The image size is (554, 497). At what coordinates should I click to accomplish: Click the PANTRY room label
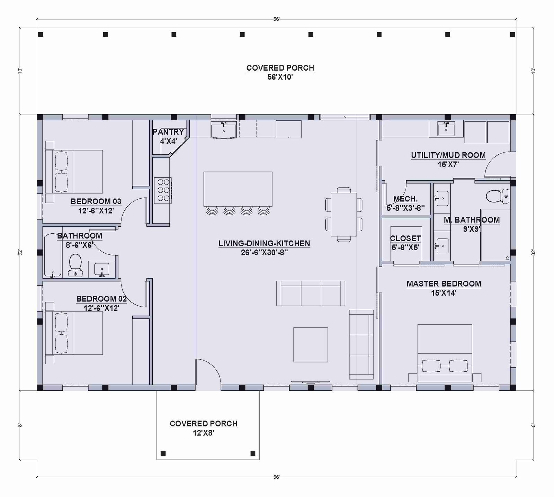click(168, 132)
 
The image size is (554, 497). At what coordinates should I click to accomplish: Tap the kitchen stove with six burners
click(163, 190)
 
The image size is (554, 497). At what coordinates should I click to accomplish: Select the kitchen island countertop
click(238, 189)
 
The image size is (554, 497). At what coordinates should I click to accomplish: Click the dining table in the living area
click(344, 214)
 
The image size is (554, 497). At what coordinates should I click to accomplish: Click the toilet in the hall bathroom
click(75, 265)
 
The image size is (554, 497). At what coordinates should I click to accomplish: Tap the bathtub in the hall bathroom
click(53, 255)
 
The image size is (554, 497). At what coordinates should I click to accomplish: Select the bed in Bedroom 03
click(74, 172)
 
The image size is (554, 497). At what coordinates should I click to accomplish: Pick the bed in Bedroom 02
click(74, 333)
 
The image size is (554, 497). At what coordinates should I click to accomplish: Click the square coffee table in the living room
click(311, 345)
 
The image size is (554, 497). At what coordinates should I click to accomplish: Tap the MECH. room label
click(405, 199)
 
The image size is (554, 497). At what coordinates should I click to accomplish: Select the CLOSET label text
click(405, 238)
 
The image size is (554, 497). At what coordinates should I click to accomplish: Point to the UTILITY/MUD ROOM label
click(448, 155)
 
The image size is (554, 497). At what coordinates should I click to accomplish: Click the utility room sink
click(446, 129)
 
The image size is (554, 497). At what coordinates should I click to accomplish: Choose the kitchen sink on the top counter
click(224, 129)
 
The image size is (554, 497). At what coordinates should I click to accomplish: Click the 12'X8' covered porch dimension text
click(204, 433)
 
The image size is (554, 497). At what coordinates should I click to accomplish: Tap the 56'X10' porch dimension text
click(280, 77)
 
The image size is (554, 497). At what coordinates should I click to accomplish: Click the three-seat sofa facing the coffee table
click(311, 293)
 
